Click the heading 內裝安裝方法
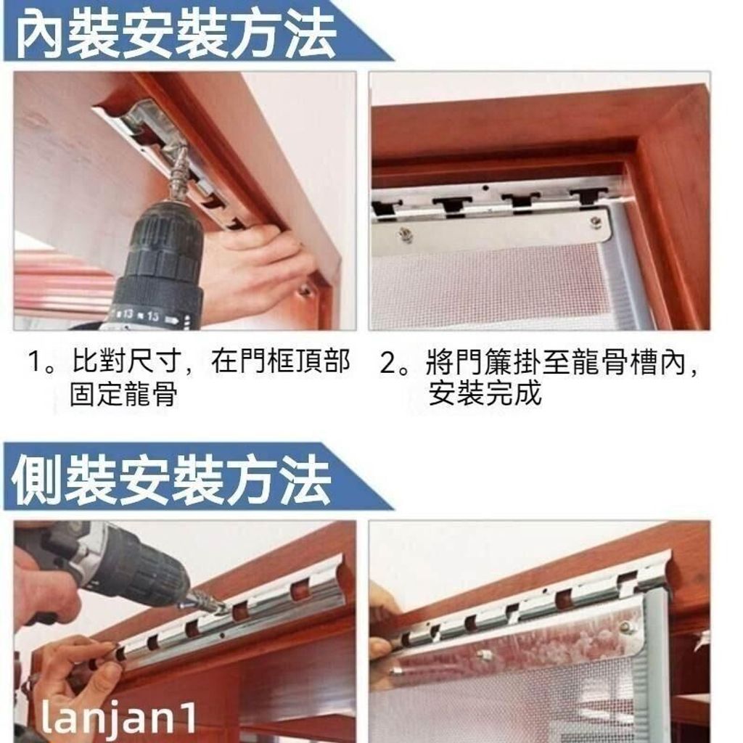[176, 34]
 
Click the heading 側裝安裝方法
[171, 479]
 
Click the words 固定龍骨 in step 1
[123, 393]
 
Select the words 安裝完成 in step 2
[484, 393]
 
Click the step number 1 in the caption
[36, 361]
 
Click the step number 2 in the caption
[389, 362]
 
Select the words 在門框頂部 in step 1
[280, 361]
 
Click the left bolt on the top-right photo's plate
[404, 234]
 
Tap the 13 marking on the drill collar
[128, 314]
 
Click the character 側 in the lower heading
[37, 479]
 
